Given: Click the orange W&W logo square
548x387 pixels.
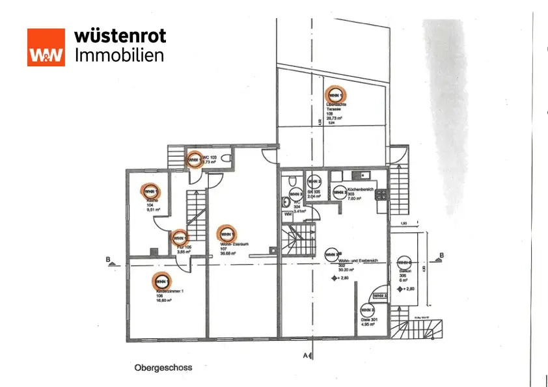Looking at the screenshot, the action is pos(46,47).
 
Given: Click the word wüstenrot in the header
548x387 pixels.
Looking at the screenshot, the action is pos(120,35).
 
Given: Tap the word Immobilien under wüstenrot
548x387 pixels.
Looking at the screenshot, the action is pos(120,55).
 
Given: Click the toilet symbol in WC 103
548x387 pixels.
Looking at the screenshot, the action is pos(225,159).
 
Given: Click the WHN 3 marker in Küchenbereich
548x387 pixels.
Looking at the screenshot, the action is pos(340,192).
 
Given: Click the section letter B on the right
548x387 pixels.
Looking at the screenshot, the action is pos(442,255).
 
